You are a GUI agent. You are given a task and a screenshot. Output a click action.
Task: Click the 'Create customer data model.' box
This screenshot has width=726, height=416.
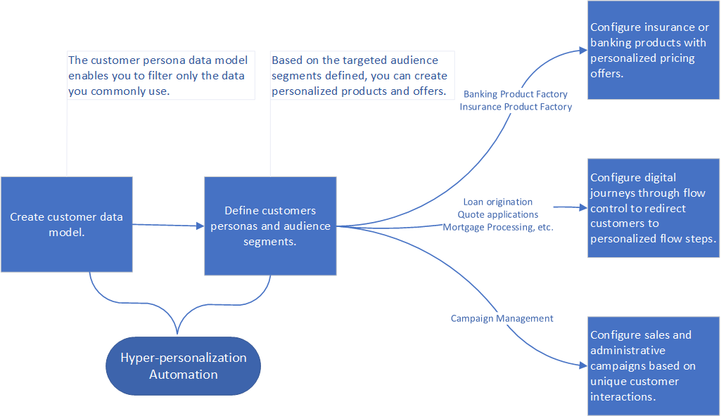[x=66, y=224]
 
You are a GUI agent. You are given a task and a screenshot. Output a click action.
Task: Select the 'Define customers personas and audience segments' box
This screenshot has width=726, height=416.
[x=270, y=226]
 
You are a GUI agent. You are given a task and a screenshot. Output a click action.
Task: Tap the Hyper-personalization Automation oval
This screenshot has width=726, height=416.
[x=183, y=365]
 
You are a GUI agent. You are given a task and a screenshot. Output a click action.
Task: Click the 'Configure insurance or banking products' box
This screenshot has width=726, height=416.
[x=654, y=50]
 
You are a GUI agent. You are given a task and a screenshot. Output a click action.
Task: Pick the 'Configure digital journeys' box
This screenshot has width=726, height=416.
[x=654, y=208]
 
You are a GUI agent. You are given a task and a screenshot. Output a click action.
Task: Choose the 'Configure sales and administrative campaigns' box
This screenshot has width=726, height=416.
[x=654, y=365]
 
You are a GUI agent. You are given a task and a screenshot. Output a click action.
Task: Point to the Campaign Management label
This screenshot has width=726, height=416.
[x=502, y=318]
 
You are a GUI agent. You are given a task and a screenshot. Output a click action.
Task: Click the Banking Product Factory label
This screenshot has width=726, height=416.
[x=515, y=94]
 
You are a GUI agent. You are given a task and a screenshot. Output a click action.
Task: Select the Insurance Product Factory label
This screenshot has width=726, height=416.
[x=516, y=107]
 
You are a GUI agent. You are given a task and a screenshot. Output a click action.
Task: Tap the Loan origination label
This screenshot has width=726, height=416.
[x=497, y=202]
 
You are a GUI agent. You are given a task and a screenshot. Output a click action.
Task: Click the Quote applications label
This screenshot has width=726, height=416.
[x=497, y=214]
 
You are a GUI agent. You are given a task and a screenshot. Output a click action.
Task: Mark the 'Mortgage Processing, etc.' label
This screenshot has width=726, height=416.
[x=497, y=227]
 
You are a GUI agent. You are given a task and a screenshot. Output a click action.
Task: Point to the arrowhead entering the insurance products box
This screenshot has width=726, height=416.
[x=583, y=50]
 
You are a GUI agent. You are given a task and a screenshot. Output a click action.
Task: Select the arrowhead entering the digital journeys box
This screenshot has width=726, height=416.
[x=582, y=207]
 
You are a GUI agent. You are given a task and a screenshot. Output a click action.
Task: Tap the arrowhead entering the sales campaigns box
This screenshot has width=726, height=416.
[x=583, y=365]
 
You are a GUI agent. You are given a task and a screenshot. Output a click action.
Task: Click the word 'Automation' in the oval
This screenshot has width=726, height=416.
[x=183, y=375]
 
